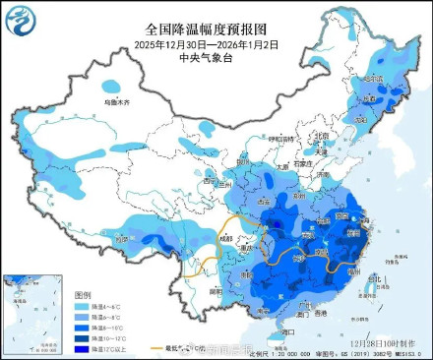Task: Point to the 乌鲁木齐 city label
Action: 118,101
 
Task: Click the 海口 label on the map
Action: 286,332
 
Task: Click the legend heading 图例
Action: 83,294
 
